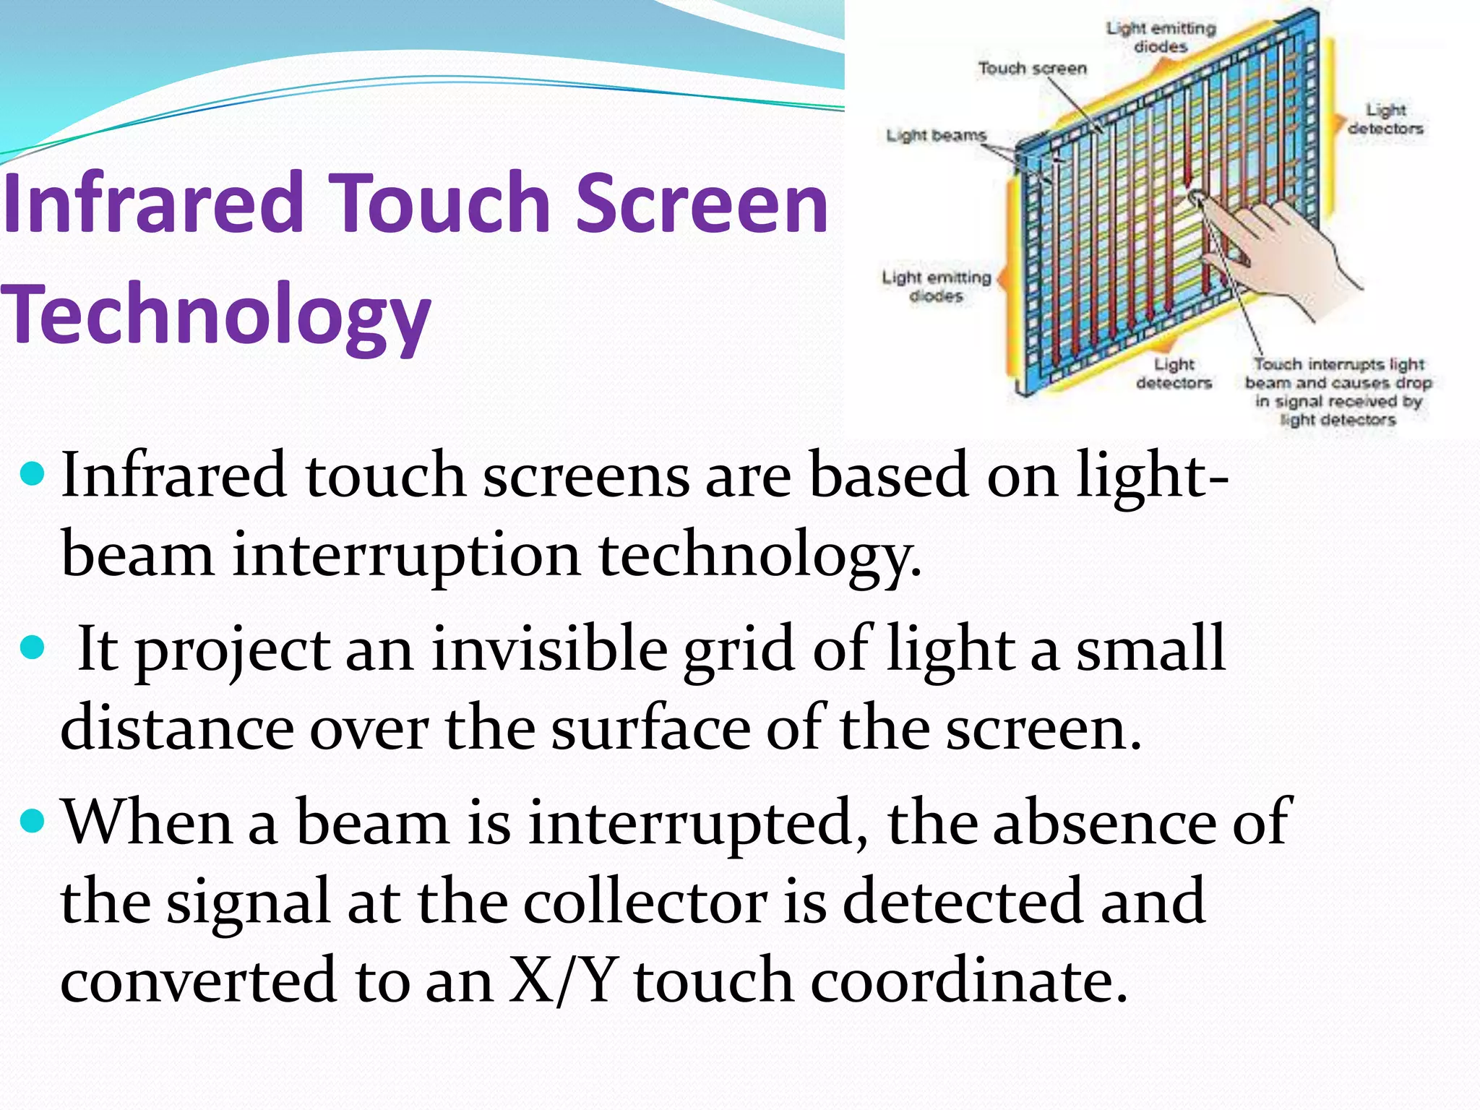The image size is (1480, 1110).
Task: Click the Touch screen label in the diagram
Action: pyautogui.click(x=1032, y=69)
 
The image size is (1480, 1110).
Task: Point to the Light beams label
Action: pyautogui.click(x=936, y=136)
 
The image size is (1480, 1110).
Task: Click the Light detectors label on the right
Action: pyautogui.click(x=1385, y=119)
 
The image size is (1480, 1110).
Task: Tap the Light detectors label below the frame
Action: pyautogui.click(x=1174, y=374)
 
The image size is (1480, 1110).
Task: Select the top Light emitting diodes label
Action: pyautogui.click(x=1161, y=37)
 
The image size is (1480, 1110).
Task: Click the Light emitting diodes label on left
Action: pyautogui.click(x=936, y=286)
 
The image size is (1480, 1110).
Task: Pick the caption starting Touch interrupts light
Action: pyautogui.click(x=1338, y=392)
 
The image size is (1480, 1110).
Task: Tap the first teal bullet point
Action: pyautogui.click(x=33, y=476)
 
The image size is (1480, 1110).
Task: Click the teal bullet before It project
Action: pyautogui.click(x=33, y=647)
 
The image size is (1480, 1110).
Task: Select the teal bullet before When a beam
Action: pyautogui.click(x=33, y=821)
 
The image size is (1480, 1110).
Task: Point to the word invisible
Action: pyautogui.click(x=549, y=648)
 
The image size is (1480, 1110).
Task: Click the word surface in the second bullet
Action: pyautogui.click(x=650, y=728)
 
